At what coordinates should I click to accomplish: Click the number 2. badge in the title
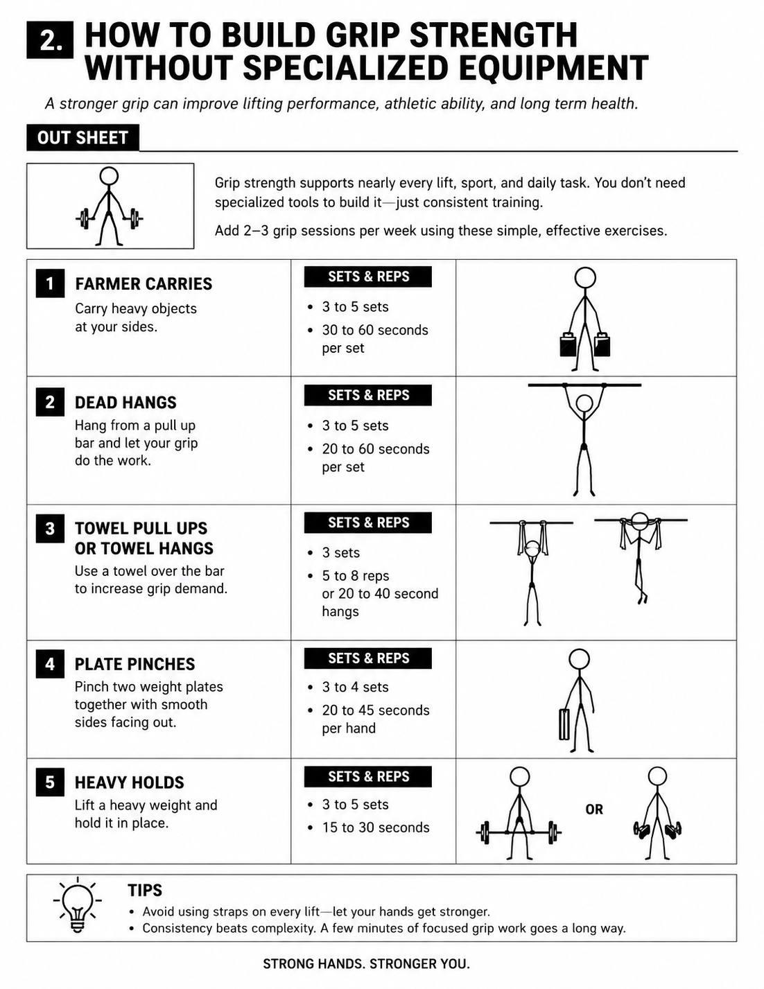(50, 40)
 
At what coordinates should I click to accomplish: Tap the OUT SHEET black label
(83, 137)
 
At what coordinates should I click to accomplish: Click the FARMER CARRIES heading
(144, 283)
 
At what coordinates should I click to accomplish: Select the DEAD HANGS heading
(125, 403)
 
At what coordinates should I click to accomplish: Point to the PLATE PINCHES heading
(134, 664)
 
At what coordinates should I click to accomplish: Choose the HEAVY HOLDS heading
(130, 782)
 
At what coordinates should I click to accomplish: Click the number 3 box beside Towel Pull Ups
(50, 528)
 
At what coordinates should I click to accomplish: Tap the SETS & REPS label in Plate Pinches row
(368, 658)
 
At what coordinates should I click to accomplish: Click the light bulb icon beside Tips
(78, 905)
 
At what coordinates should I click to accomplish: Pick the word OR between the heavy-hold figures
(594, 809)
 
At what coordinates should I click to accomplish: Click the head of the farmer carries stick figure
(585, 277)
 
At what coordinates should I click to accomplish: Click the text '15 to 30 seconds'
(376, 827)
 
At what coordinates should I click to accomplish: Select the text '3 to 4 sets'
(355, 687)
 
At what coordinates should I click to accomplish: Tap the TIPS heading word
(145, 890)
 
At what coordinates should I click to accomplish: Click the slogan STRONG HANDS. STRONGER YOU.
(366, 963)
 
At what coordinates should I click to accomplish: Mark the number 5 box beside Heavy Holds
(50, 782)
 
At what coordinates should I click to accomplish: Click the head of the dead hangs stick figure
(584, 403)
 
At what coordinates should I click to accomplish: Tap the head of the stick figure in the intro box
(110, 175)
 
